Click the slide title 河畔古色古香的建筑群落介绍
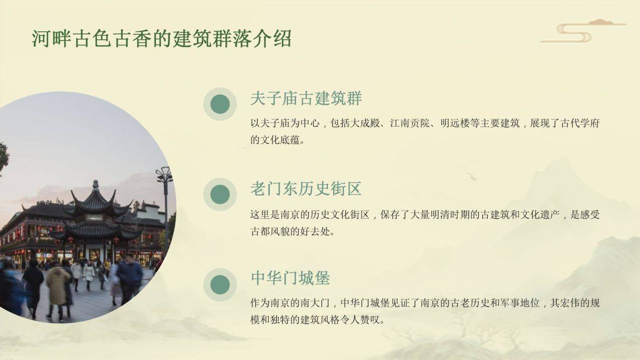pyautogui.click(x=162, y=38)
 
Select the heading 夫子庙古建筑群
pyautogui.click(x=306, y=99)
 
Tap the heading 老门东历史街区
pyautogui.click(x=306, y=189)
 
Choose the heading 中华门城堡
pyautogui.click(x=290, y=278)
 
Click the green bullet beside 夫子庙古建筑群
pyautogui.click(x=220, y=104)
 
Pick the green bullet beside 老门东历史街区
pyautogui.click(x=220, y=194)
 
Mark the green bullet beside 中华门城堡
pyautogui.click(x=220, y=284)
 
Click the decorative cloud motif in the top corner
pyautogui.click(x=584, y=31)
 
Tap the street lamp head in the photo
pyautogui.click(x=164, y=175)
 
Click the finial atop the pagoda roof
pyautogui.click(x=96, y=185)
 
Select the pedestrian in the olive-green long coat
pyautogui.click(x=57, y=288)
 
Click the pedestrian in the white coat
pyautogui.click(x=89, y=274)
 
